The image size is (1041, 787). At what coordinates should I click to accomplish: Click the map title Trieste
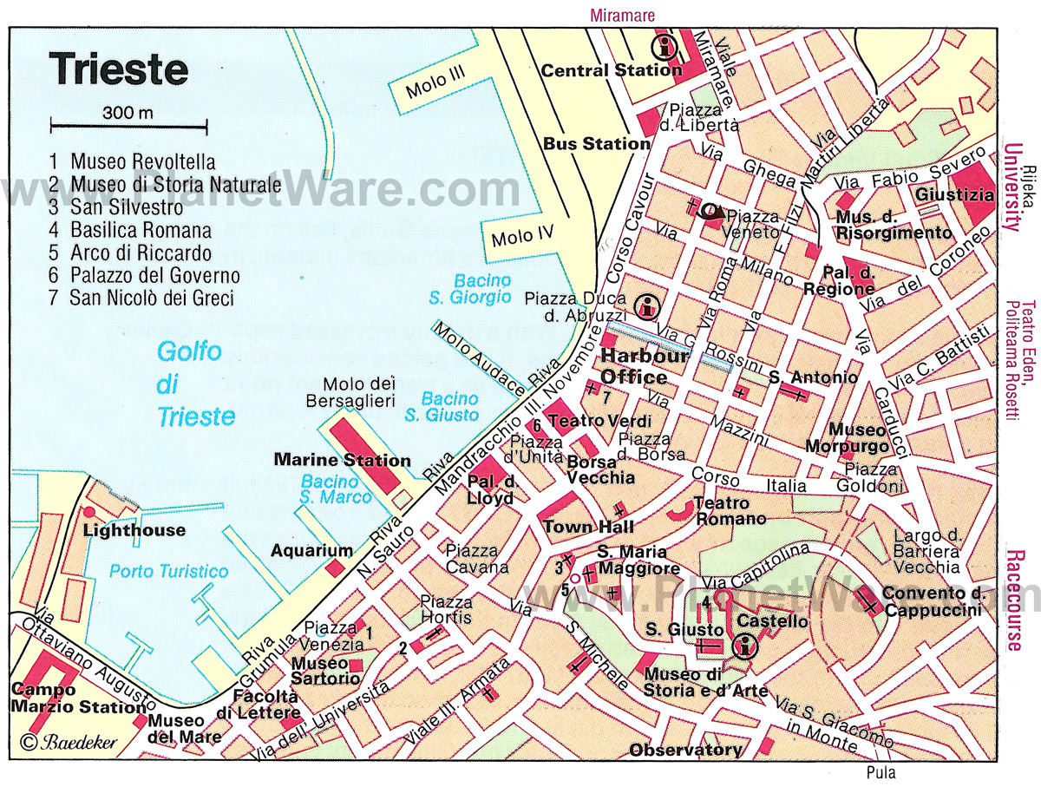click(x=118, y=69)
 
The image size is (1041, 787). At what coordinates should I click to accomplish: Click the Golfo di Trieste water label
click(x=195, y=384)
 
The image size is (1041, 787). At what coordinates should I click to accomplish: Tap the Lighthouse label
click(x=134, y=530)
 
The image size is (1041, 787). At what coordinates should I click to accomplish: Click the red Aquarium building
click(x=335, y=567)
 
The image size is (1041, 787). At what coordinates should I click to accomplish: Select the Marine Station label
click(x=342, y=460)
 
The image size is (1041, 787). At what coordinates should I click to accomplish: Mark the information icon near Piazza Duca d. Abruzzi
click(x=645, y=305)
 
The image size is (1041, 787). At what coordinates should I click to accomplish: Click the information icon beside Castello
click(x=744, y=646)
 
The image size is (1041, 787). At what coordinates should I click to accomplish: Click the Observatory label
click(x=685, y=750)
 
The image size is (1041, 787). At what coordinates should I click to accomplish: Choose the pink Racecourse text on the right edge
click(x=1014, y=600)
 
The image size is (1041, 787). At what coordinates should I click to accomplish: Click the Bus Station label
click(x=595, y=144)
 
